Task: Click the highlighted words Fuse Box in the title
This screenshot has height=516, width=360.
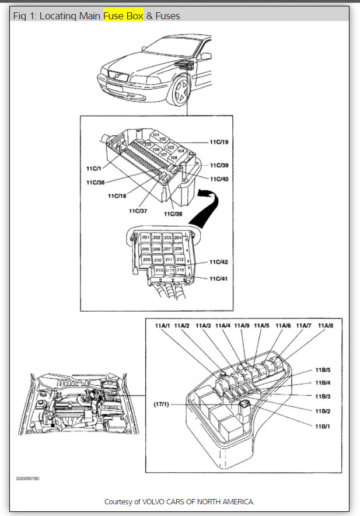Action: tap(123, 16)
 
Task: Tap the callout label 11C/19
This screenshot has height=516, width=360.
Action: tap(219, 141)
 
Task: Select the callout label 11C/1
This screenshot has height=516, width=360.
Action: tap(95, 168)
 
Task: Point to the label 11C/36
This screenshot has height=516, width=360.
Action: tap(96, 183)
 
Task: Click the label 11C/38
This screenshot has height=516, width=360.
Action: tap(174, 214)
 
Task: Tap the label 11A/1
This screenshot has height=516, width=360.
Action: tap(162, 325)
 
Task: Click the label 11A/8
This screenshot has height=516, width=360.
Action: tap(326, 325)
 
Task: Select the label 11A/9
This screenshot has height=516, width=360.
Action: tap(242, 325)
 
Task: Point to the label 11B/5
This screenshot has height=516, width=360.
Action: tap(323, 370)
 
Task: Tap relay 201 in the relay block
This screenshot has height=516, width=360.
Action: tap(145, 238)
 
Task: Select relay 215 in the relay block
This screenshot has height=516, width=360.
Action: tap(180, 270)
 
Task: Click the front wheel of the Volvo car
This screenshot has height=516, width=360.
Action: tap(180, 90)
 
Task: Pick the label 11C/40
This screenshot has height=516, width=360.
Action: tap(219, 179)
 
